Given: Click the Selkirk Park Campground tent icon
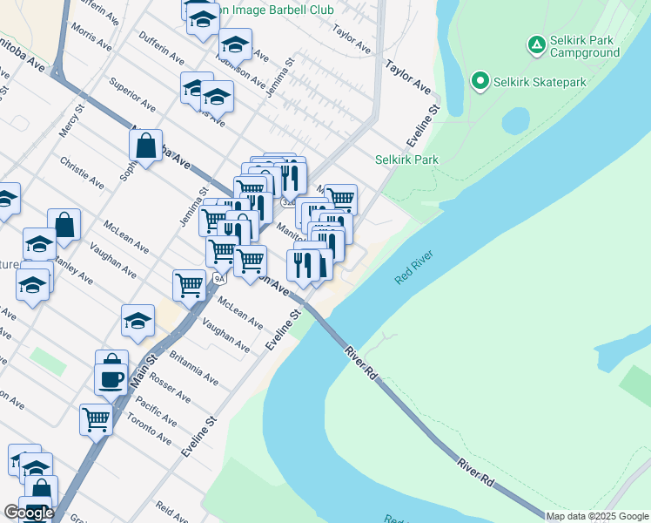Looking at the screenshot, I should [x=537, y=44].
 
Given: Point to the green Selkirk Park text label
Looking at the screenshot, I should [x=406, y=160].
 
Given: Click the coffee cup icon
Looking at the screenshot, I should [x=111, y=379].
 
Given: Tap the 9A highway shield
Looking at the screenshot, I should [x=219, y=278].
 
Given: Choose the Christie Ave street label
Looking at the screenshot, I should [x=82, y=173].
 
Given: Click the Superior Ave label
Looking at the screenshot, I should [x=131, y=95].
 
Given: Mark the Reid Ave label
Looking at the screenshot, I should [x=171, y=513].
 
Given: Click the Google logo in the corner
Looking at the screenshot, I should [x=28, y=513].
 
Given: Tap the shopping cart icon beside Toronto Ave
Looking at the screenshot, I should [x=96, y=419].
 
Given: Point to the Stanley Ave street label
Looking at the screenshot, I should [x=72, y=268].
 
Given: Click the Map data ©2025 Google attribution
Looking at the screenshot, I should [x=597, y=516].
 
